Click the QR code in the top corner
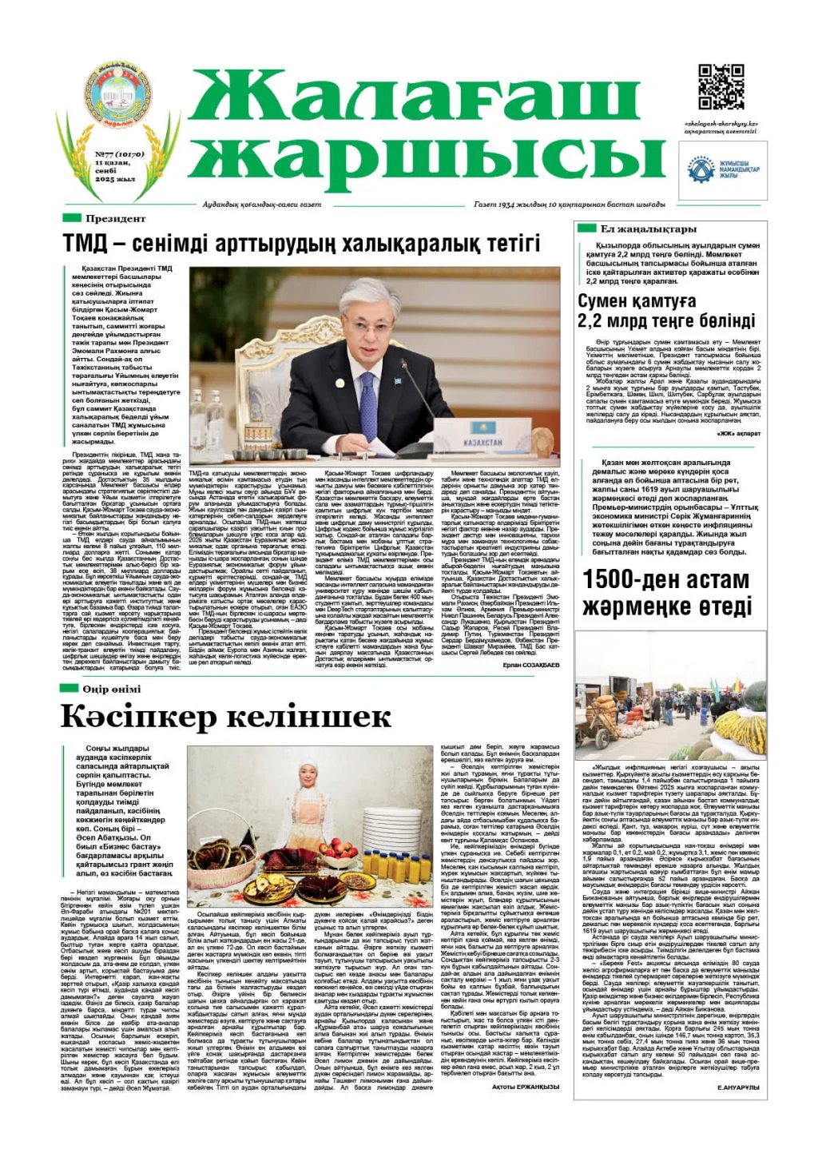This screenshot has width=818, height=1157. (721, 88)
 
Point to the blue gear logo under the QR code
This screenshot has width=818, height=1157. (701, 169)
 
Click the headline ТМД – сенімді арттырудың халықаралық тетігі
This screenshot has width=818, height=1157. (302, 243)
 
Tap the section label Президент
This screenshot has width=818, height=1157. (116, 218)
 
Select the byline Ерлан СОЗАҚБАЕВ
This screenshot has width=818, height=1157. (531, 665)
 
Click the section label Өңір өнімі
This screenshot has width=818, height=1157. (113, 689)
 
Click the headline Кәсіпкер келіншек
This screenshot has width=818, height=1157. (226, 717)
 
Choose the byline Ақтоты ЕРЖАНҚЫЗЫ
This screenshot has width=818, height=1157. (525, 1087)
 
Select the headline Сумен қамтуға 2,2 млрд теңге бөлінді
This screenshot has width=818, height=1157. (666, 312)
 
